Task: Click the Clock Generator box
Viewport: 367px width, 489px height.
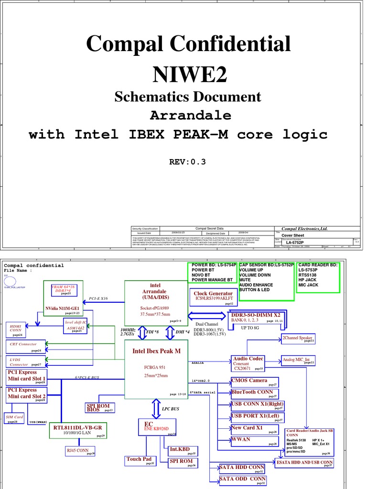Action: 214,297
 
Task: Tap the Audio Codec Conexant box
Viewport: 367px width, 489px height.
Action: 248,363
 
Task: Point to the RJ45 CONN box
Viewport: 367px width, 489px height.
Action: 80,450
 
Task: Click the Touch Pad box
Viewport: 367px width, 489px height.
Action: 140,460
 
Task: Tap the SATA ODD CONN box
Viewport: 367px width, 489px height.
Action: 243,479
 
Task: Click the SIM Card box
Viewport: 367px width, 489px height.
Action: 15,418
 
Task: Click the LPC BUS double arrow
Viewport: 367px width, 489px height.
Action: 156,408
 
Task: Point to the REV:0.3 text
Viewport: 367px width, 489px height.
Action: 187,161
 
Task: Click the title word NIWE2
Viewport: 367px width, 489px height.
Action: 189,73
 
